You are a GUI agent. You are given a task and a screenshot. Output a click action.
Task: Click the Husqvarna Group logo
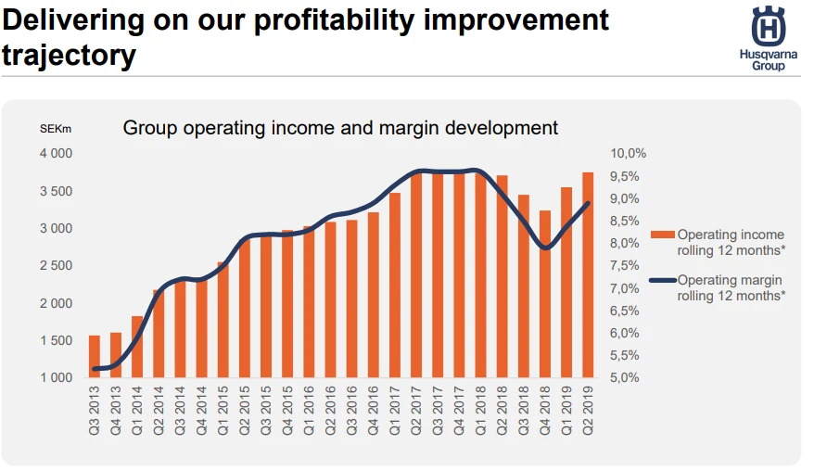pyautogui.click(x=769, y=38)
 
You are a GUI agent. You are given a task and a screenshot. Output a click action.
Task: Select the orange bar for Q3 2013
pyautogui.click(x=94, y=356)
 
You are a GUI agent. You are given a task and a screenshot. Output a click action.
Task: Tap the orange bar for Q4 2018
pyautogui.click(x=544, y=294)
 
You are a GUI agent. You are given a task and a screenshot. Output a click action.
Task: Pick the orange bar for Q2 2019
pyautogui.click(x=588, y=274)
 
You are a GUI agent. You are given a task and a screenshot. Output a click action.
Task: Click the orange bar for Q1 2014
pyautogui.click(x=137, y=347)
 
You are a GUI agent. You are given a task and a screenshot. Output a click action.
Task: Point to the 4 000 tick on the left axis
pyautogui.click(x=56, y=154)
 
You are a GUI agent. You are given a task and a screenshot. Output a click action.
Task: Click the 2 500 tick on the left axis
pyautogui.click(x=56, y=265)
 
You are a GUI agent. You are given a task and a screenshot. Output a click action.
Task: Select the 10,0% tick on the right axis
pyautogui.click(x=629, y=154)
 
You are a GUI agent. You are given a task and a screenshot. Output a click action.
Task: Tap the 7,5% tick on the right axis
pyautogui.click(x=625, y=265)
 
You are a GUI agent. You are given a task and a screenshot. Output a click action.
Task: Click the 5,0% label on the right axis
pyautogui.click(x=625, y=377)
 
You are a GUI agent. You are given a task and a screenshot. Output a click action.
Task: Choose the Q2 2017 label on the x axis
pyautogui.click(x=416, y=411)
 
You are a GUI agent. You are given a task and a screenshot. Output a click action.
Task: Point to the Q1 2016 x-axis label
pyautogui.click(x=309, y=411)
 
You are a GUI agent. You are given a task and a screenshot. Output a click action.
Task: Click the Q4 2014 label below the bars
pyautogui.click(x=201, y=411)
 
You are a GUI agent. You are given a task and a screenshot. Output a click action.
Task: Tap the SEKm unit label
pyautogui.click(x=56, y=129)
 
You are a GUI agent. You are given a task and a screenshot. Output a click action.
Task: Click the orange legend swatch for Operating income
pyautogui.click(x=662, y=235)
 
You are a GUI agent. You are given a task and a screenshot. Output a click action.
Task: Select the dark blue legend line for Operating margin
pyautogui.click(x=662, y=281)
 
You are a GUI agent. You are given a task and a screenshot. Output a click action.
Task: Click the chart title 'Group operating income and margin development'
pyautogui.click(x=340, y=128)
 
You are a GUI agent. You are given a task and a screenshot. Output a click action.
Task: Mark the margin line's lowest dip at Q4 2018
pyautogui.click(x=545, y=248)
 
